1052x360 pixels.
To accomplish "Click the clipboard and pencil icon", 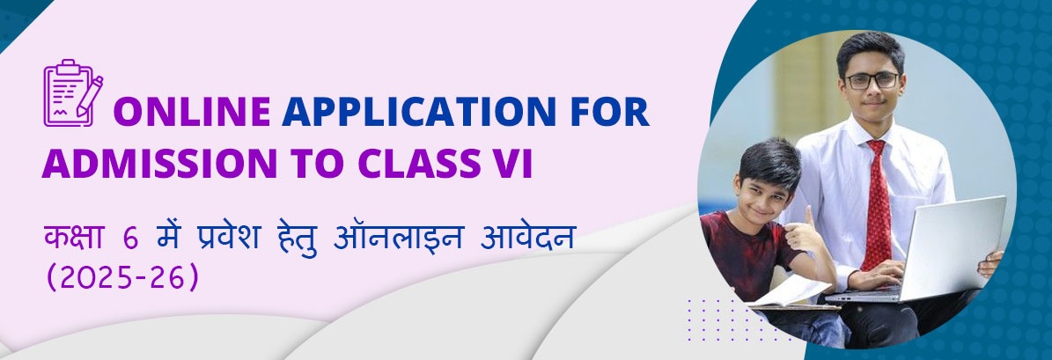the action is [73, 92].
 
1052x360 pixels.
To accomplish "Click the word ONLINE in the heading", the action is [192, 111].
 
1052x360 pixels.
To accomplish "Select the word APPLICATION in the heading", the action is [419, 111].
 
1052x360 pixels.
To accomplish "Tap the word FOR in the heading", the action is [610, 111].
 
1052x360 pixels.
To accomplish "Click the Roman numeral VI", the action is [513, 163].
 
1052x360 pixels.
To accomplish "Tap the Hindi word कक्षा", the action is [72, 238].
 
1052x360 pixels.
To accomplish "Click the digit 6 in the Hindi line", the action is [130, 239].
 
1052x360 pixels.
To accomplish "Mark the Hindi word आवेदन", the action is [527, 238].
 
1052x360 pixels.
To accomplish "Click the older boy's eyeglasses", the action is [872, 80].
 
